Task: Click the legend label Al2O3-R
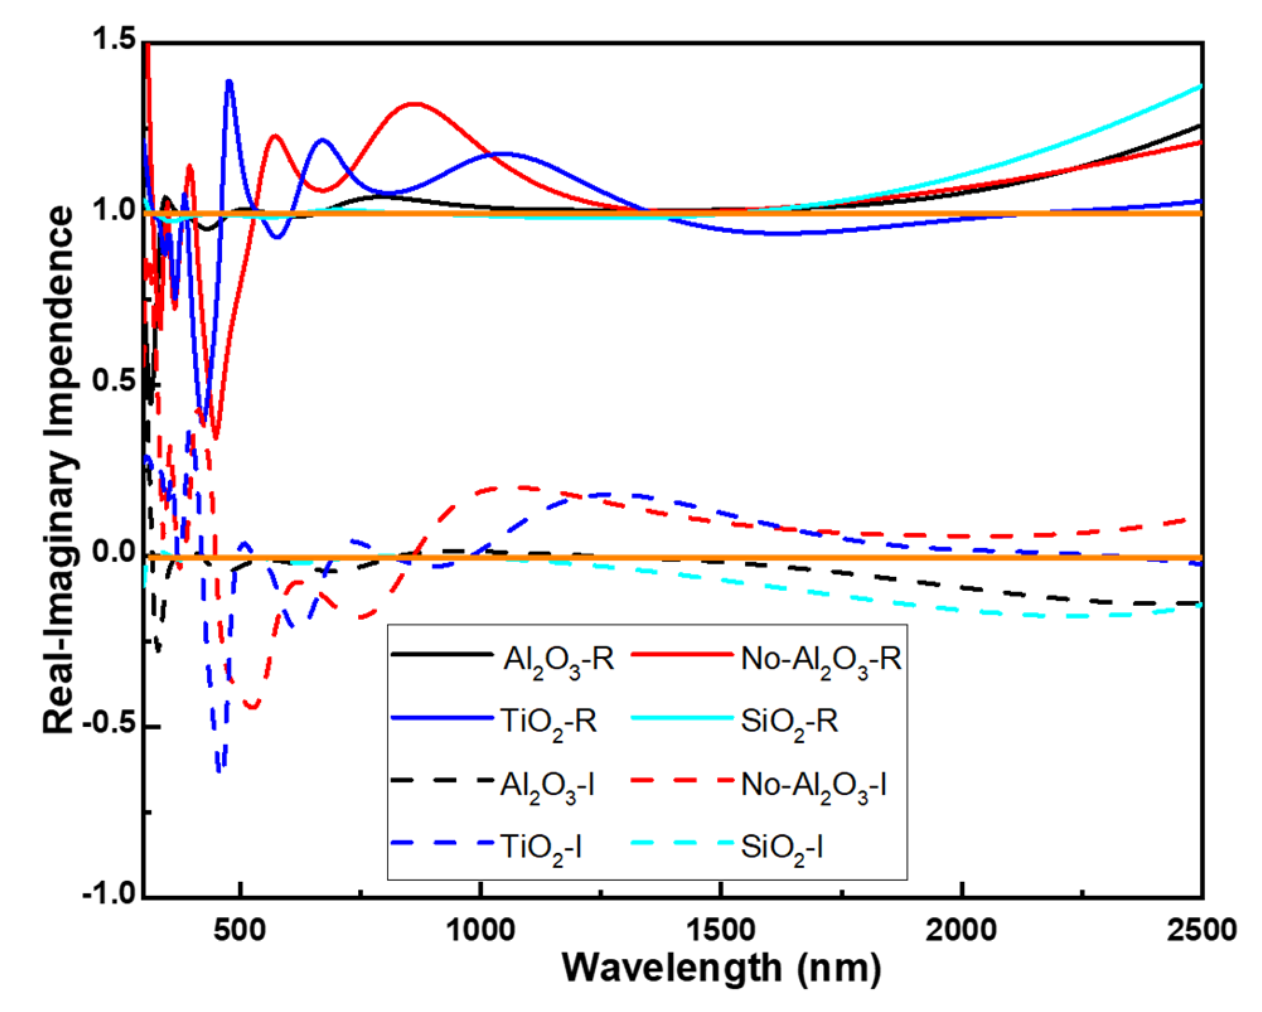pos(558,660)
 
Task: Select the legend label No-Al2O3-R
pos(820,660)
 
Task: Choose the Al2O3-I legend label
pos(547,786)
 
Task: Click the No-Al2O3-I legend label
pos(813,786)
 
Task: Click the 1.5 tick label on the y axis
pos(114,39)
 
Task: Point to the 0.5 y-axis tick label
pos(114,381)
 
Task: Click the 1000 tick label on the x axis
pos(480,930)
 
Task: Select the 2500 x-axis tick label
pos(1201,930)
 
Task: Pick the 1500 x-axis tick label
pos(721,930)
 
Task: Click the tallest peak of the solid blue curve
pos(229,82)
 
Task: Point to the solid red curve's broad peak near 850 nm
pos(413,104)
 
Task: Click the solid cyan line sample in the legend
pos(682,718)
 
